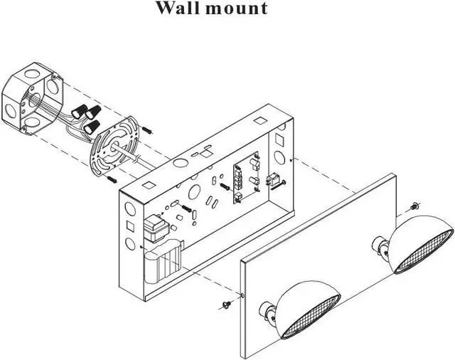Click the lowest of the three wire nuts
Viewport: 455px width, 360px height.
[92, 127]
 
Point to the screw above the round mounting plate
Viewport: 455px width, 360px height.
[147, 130]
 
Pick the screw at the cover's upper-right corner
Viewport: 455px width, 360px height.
[414, 207]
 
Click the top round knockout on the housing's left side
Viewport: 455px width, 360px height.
[128, 211]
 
